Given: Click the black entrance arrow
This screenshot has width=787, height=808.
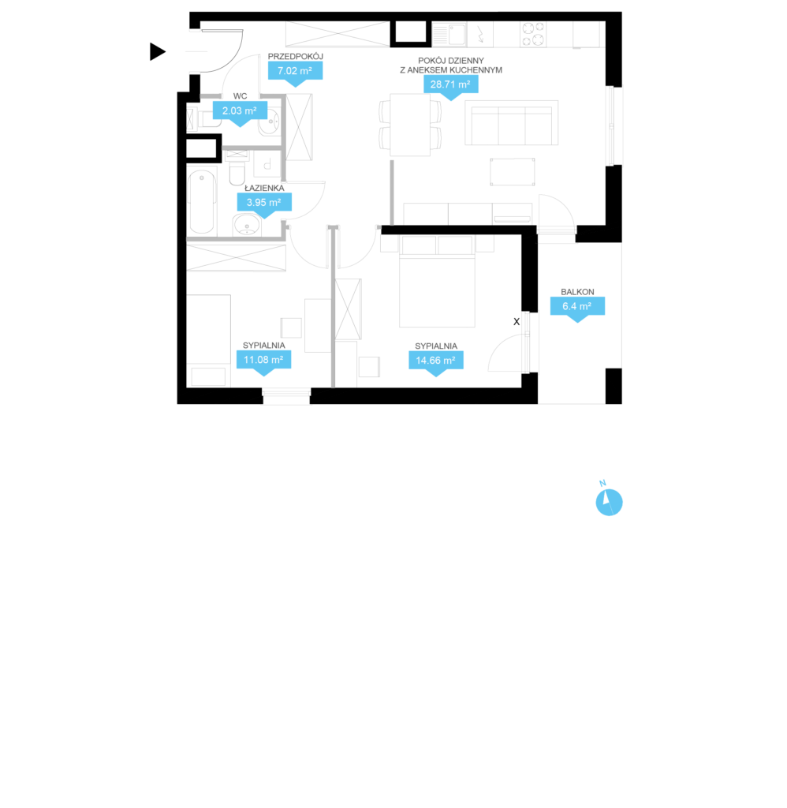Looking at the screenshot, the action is (157, 51).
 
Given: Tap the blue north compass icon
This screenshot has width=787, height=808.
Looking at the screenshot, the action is (609, 502).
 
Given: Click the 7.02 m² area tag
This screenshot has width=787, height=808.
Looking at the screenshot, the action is (295, 72).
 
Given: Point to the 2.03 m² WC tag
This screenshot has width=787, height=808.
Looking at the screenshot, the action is (240, 112).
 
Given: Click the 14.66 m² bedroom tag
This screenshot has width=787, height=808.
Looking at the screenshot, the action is (436, 361).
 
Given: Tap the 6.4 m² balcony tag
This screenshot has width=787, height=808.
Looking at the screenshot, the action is (577, 308).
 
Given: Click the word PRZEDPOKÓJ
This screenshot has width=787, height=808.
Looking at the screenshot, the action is (296, 56).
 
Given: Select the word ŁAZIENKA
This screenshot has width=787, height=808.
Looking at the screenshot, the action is (264, 188).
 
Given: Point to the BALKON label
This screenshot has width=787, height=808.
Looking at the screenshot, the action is (577, 292).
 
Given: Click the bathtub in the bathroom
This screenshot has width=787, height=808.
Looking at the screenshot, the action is (201, 202).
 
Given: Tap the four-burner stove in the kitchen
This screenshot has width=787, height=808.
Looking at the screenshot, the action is (533, 34).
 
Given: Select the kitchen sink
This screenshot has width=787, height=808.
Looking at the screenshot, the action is (449, 35).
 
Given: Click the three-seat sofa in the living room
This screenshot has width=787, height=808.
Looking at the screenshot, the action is (512, 123).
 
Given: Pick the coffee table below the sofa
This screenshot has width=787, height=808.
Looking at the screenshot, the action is (513, 171).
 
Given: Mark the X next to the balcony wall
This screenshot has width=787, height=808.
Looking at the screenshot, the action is (517, 322).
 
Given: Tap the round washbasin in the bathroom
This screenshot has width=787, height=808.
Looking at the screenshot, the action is (247, 225).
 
